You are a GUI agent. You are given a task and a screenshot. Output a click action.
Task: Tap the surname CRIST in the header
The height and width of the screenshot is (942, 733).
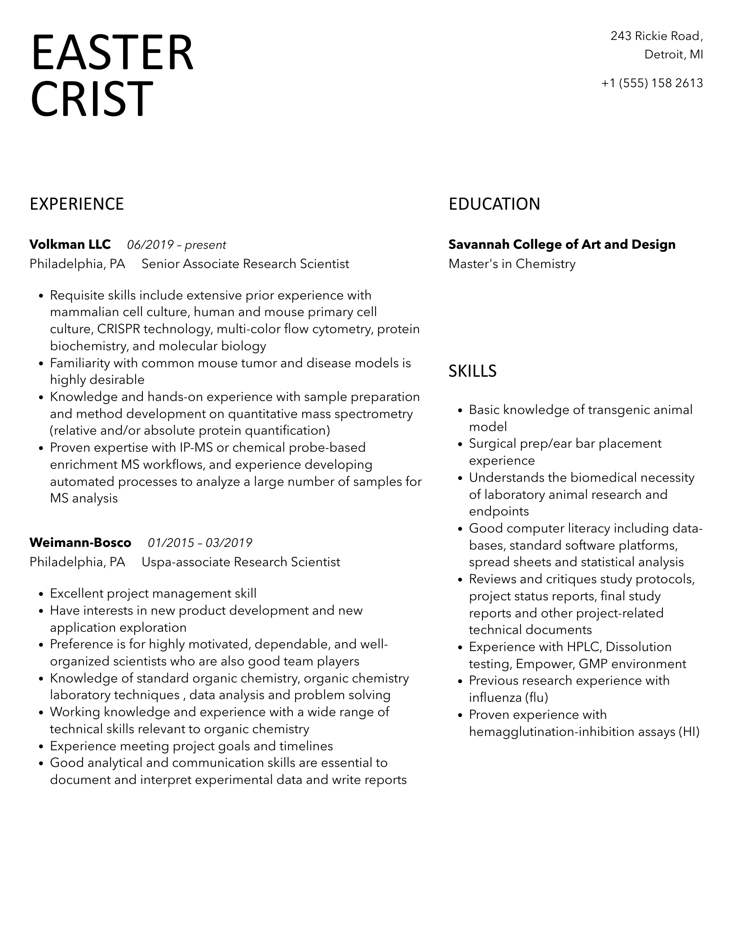pyautogui.click(x=92, y=99)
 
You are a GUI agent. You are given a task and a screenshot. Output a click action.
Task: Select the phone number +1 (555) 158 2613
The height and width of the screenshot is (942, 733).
pyautogui.click(x=652, y=83)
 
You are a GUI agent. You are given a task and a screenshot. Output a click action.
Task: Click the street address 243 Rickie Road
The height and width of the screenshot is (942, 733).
pyautogui.click(x=656, y=36)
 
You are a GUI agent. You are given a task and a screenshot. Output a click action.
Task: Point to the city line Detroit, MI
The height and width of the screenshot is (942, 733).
pyautogui.click(x=674, y=54)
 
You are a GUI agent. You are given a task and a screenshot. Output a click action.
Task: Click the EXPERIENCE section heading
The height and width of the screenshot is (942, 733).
pyautogui.click(x=77, y=204)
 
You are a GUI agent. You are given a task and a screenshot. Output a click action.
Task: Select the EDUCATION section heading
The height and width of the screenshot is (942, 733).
pyautogui.click(x=494, y=204)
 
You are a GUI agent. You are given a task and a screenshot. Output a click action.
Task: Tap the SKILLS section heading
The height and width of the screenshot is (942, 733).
pyautogui.click(x=472, y=371)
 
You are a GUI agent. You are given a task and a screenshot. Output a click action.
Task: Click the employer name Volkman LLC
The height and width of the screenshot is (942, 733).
pyautogui.click(x=70, y=245)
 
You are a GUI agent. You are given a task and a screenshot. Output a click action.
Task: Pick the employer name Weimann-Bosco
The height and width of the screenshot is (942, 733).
pyautogui.click(x=80, y=543)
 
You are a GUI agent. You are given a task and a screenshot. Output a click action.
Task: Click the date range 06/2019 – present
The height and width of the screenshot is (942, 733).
pyautogui.click(x=177, y=245)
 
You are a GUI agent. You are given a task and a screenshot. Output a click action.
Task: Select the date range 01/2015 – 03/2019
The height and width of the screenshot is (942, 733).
pyautogui.click(x=200, y=543)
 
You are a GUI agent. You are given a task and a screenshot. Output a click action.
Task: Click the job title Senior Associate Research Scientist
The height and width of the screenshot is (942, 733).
pyautogui.click(x=245, y=264)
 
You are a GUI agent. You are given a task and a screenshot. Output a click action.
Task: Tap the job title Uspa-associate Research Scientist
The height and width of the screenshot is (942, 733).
pyautogui.click(x=241, y=562)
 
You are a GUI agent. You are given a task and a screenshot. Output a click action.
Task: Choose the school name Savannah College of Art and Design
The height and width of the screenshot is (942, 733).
pyautogui.click(x=562, y=245)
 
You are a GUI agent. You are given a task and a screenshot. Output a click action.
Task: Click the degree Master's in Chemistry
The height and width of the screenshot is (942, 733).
pyautogui.click(x=512, y=264)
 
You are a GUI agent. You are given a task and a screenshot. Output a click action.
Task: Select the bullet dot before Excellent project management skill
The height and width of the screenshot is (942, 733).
pyautogui.click(x=41, y=594)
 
